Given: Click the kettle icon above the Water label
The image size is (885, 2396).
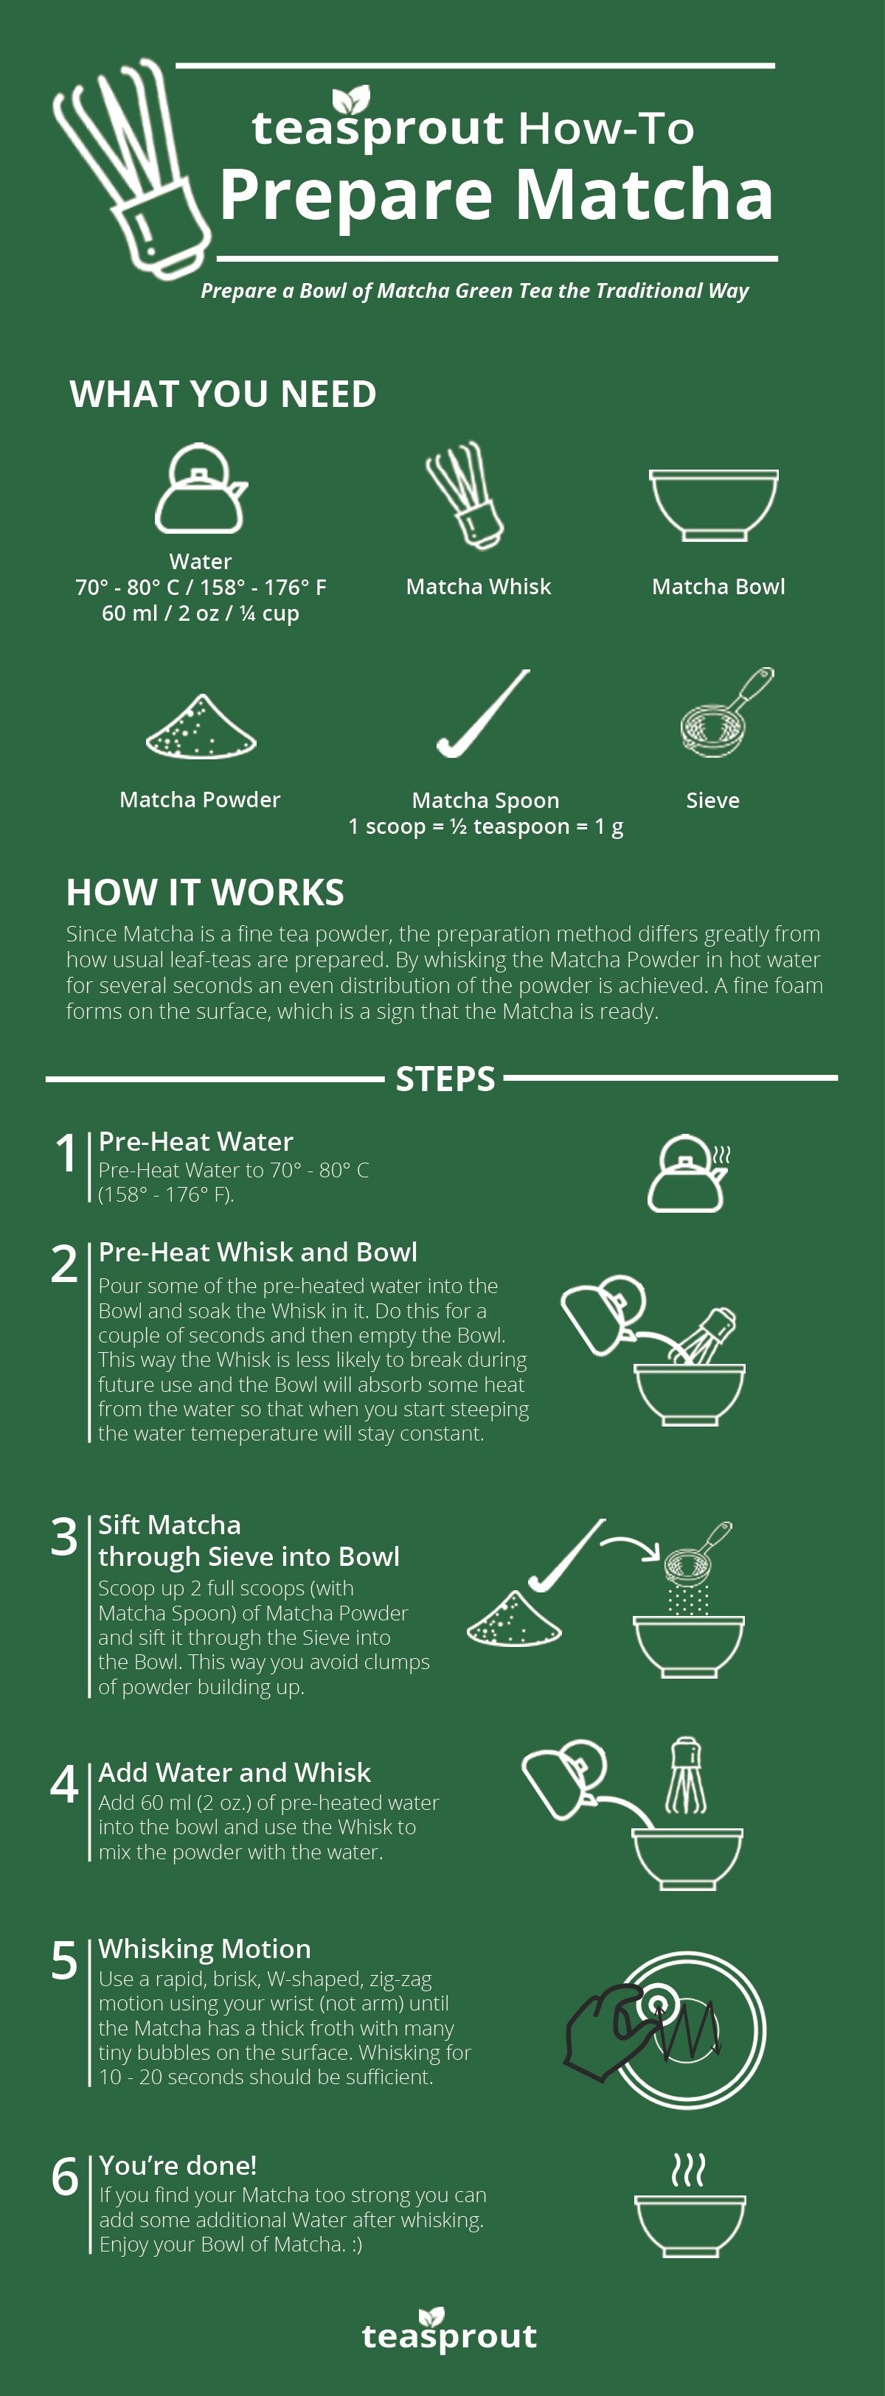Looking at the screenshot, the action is point(200,490).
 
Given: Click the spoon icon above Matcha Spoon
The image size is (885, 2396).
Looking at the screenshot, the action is point(483,714).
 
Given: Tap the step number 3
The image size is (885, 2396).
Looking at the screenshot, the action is point(64,1536).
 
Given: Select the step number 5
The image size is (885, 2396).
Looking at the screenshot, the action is point(64,1960).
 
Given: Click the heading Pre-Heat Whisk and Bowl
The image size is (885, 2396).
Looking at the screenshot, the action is point(258,1252).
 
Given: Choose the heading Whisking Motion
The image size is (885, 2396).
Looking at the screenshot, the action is point(205,1949).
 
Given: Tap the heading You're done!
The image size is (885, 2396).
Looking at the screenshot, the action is point(178,2165).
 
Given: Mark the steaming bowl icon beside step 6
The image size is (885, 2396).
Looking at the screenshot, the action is point(690,2207).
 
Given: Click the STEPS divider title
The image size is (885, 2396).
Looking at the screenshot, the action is point(445,1079).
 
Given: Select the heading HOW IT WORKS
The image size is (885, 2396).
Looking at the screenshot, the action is point(205,892).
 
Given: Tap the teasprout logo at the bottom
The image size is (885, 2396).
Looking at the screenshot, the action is point(449,2331).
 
